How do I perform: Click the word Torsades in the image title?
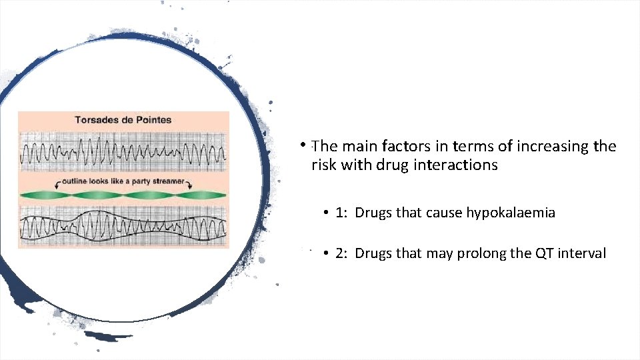pyautogui.click(x=96, y=121)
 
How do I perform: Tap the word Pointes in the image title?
pyautogui.click(x=151, y=121)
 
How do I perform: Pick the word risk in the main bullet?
pyautogui.click(x=323, y=165)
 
